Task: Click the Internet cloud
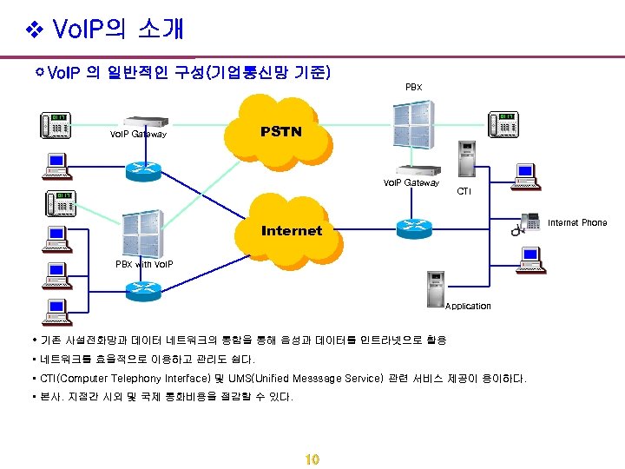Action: [291, 230]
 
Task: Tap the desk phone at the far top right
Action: [503, 124]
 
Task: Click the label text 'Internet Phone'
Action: [577, 223]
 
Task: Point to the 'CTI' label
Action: [464, 191]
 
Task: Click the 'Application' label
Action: [468, 306]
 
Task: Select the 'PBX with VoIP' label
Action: [145, 264]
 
